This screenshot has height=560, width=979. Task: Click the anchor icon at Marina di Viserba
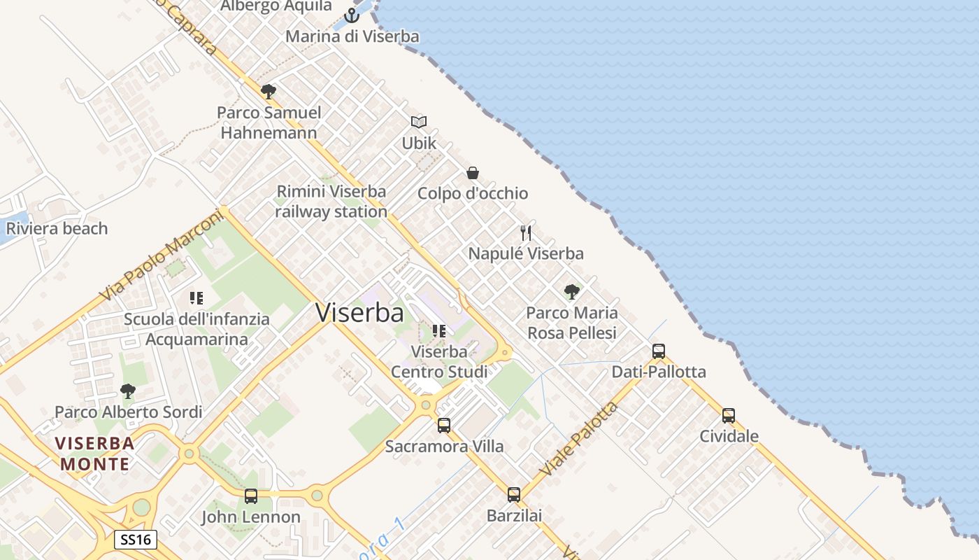352,15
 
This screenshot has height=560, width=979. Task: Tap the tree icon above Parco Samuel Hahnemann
268,91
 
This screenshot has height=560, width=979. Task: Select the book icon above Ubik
419,122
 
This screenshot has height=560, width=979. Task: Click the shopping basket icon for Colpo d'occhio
473,172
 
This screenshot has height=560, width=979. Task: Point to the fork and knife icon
526,232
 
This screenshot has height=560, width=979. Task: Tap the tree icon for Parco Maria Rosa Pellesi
572,291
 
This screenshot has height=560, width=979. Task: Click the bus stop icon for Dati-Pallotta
659,351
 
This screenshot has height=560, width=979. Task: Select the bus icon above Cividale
729,415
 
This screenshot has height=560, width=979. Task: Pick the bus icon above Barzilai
514,495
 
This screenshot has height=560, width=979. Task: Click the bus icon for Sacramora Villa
444,425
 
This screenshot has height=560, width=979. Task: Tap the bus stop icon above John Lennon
251,496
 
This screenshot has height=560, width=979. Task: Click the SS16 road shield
136,540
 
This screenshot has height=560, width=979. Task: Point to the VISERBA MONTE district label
95,453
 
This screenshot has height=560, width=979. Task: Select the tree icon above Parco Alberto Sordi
128,391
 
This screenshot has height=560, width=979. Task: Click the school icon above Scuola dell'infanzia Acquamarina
196,298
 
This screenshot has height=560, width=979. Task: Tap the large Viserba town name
359,313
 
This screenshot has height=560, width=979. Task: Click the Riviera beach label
57,228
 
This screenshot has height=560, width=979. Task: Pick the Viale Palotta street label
579,439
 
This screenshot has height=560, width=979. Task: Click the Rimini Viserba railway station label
331,202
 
